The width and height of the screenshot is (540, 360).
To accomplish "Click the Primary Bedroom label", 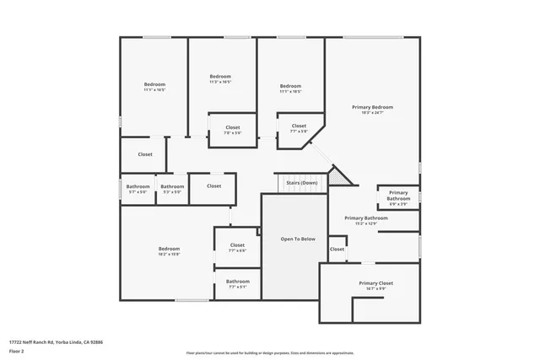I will [x=372, y=107].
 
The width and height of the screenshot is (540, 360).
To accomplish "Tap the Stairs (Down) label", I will [x=301, y=182].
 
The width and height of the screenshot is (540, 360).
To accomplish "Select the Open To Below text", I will [x=298, y=239].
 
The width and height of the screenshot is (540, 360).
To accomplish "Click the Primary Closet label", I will [x=376, y=283].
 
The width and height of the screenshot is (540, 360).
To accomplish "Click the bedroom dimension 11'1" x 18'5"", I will [x=291, y=91].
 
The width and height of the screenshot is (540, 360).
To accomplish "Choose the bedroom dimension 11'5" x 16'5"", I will [x=220, y=82].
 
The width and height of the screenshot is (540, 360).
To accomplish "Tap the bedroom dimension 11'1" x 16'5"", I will [x=154, y=89].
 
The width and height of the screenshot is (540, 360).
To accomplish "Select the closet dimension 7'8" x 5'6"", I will [x=233, y=132].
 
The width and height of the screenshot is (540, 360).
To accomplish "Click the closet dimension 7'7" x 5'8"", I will [x=299, y=132].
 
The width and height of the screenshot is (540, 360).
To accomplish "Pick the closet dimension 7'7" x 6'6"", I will [x=237, y=250].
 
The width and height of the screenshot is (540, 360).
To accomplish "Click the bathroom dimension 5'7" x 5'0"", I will [x=138, y=191].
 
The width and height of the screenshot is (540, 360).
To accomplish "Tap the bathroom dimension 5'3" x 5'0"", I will [x=172, y=191].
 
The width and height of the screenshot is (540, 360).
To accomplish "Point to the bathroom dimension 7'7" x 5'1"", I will [x=237, y=287].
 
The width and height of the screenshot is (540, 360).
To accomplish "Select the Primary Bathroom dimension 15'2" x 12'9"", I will [x=365, y=223].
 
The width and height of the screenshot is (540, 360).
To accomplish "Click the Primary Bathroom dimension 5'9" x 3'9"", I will [x=398, y=203].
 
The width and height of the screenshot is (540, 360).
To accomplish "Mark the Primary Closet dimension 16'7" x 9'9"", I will [x=376, y=288].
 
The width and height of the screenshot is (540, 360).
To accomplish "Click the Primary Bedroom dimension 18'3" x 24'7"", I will [x=372, y=112].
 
